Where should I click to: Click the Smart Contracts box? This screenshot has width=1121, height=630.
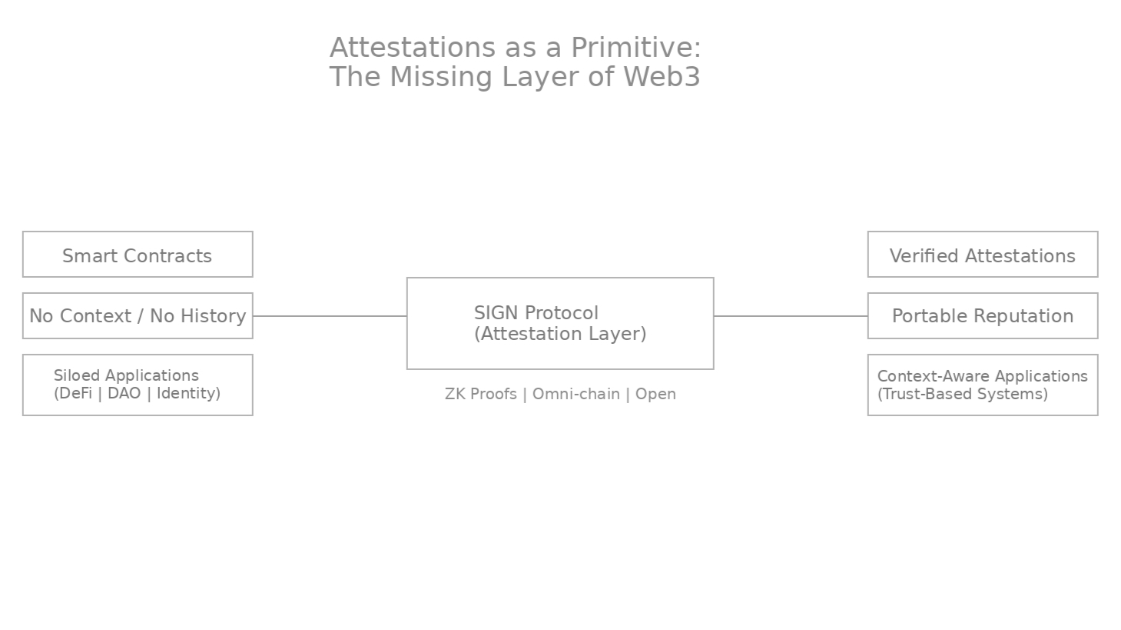click(138, 254)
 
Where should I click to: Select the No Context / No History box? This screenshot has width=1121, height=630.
click(138, 315)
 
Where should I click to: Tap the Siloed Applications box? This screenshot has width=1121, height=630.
click(138, 385)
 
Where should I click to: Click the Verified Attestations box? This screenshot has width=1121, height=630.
click(983, 254)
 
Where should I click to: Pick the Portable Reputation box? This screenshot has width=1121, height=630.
click(983, 315)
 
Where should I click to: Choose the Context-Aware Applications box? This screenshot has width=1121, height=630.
click(983, 385)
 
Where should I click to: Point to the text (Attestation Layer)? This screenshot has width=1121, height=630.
click(561, 335)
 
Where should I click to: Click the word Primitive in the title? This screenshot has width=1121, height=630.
click(632, 48)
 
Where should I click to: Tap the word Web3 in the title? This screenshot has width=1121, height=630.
click(662, 77)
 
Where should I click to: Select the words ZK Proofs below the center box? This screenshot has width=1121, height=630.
click(481, 395)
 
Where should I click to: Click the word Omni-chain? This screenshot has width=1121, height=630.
click(576, 395)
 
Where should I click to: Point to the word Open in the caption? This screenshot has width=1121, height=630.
click(655, 395)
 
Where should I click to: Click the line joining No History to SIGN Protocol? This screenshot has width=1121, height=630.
click(330, 315)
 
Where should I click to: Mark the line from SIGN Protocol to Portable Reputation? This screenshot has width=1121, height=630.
click(791, 315)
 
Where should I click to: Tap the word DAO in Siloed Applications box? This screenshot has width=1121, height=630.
click(124, 393)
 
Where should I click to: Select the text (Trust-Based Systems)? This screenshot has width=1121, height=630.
click(963, 394)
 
